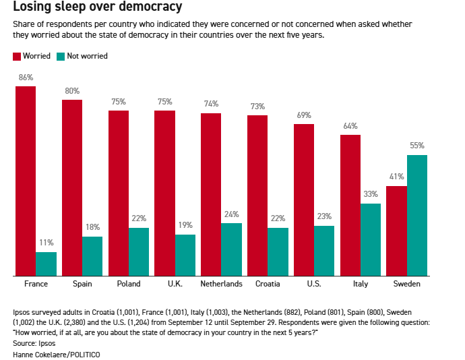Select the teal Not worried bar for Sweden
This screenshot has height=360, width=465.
pyautogui.click(x=417, y=215)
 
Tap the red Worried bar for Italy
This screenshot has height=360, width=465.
pyautogui.click(x=350, y=205)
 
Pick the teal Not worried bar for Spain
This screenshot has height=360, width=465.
pyautogui.click(x=92, y=256)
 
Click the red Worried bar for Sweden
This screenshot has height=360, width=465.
pyautogui.click(x=396, y=231)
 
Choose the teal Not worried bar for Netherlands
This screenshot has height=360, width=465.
pyautogui.click(x=231, y=249)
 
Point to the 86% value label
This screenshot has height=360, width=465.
pyautogui.click(x=26, y=78)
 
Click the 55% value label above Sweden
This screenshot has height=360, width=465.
pyautogui.click(x=417, y=146)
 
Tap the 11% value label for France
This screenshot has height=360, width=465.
pyautogui.click(x=46, y=243)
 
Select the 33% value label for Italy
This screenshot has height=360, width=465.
pyautogui.click(x=371, y=194)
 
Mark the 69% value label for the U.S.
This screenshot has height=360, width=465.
pyautogui.click(x=304, y=115)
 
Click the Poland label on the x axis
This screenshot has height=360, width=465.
pyautogui.click(x=129, y=284)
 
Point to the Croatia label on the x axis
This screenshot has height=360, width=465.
pyautogui.click(x=268, y=284)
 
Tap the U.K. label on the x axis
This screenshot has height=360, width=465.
pyautogui.click(x=175, y=284)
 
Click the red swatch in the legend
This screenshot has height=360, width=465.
pyautogui.click(x=17, y=56)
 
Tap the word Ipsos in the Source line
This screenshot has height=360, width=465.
pyautogui.click(x=46, y=344)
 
